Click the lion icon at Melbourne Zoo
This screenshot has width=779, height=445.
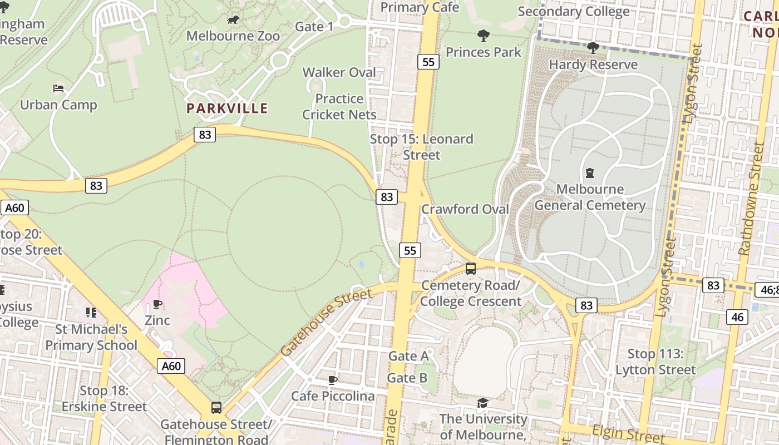point(233,21)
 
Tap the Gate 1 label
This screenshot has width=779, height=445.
point(314,26)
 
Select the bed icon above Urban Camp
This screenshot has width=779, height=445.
point(58,88)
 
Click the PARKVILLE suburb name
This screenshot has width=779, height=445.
point(227,108)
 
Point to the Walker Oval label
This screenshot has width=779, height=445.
point(339,72)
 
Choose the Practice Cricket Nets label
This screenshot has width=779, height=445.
point(339,107)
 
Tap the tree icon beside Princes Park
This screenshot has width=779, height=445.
point(484,36)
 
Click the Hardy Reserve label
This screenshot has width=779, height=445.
point(593,65)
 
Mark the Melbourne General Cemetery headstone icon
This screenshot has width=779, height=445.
point(590,173)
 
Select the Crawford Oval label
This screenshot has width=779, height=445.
point(465,209)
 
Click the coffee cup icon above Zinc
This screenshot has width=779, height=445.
point(157,304)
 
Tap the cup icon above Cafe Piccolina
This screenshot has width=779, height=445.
point(333,380)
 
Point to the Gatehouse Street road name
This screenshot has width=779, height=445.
point(326,323)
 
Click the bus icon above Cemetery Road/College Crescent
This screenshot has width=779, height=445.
point(470,269)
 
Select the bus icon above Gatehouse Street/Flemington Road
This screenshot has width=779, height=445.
point(216,408)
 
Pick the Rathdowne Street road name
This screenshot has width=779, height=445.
point(751,199)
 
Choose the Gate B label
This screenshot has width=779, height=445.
point(407,378)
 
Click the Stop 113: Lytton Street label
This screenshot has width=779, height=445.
point(655,362)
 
